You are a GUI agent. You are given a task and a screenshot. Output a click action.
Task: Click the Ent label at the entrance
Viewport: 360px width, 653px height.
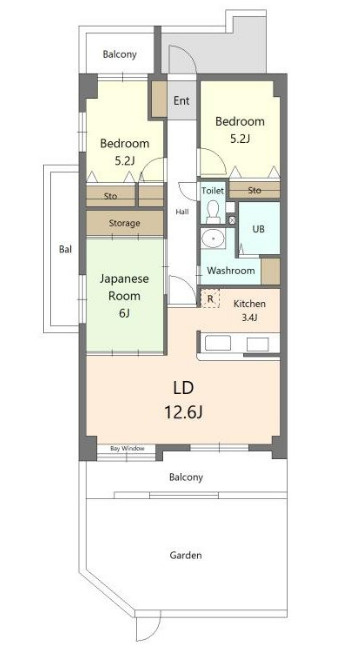[x=182, y=101]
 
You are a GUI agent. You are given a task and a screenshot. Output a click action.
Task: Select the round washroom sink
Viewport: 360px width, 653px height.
[x=213, y=239]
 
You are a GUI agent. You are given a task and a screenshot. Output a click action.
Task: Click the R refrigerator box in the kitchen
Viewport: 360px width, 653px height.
[x=210, y=299]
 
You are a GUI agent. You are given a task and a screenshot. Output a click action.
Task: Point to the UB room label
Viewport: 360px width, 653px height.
[x=259, y=229]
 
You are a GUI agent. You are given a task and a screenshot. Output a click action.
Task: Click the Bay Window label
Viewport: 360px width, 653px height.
[x=127, y=449]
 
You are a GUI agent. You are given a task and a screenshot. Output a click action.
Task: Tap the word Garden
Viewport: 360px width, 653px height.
[x=186, y=555]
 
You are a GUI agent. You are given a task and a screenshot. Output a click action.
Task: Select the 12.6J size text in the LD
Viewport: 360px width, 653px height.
[x=184, y=413]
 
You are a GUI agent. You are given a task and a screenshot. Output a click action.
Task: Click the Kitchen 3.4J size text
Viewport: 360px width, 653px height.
[x=249, y=318]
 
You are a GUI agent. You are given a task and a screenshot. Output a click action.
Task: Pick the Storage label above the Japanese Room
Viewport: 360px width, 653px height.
[x=124, y=223]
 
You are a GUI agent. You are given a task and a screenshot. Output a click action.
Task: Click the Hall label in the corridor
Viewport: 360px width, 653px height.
[x=182, y=212]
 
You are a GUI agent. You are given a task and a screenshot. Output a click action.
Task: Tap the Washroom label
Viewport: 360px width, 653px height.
[x=231, y=271]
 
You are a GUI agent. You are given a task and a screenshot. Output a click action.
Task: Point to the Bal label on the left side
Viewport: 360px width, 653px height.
[x=65, y=250]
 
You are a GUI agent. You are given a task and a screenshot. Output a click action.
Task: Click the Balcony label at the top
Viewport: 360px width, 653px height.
[x=120, y=54]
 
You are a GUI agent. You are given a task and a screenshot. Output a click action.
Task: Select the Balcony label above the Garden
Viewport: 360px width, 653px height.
[x=186, y=477]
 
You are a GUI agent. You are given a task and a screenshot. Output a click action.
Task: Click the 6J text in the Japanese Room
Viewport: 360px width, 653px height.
[x=124, y=313]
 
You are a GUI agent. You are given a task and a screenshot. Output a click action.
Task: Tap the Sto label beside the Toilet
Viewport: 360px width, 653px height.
[x=255, y=190]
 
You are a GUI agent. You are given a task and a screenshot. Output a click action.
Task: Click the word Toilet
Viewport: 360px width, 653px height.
[x=213, y=191]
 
